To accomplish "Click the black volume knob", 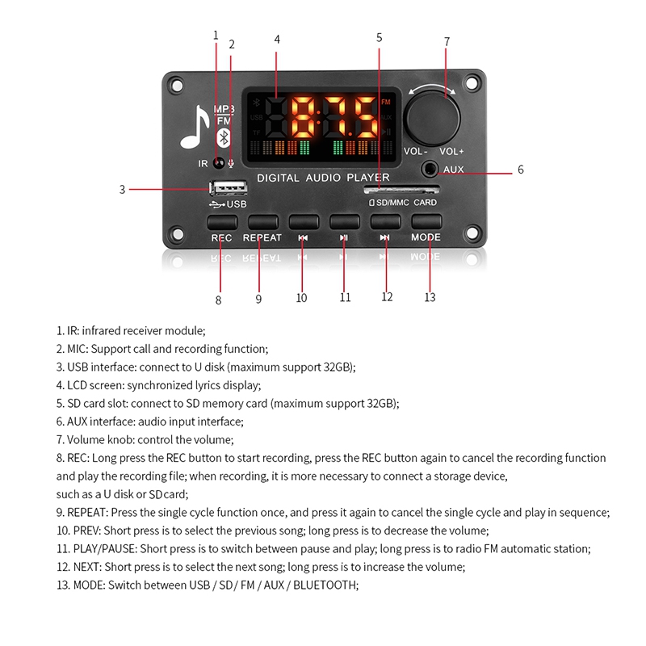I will [434, 119].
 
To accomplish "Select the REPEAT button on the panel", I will [262, 221].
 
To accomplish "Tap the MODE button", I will [426, 221].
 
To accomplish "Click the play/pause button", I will [344, 221].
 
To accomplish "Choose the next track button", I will [385, 221].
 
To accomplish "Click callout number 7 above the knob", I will [447, 41].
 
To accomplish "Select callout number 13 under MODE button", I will [430, 297].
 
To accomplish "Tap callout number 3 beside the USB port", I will [122, 190].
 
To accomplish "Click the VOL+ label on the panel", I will [451, 152].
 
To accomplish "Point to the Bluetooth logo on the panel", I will [225, 136].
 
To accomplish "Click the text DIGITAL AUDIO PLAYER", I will [322, 178].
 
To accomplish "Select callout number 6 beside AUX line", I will [520, 170].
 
